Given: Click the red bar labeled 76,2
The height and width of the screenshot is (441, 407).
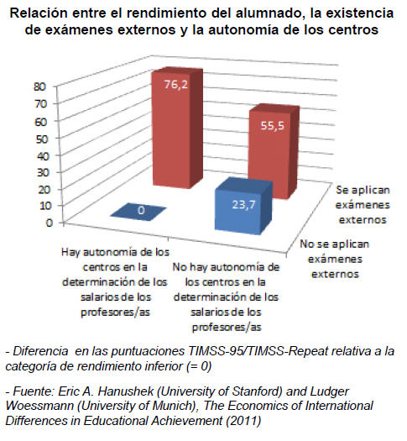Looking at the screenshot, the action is coord(177,128).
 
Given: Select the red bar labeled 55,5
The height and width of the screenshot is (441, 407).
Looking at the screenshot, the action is coord(273,152).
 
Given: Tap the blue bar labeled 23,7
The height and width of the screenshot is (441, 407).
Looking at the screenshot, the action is coord(243,206).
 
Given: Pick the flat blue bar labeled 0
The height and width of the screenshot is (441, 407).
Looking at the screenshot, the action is coord(138,212).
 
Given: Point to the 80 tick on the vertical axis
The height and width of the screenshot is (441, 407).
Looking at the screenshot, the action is coord(39,87).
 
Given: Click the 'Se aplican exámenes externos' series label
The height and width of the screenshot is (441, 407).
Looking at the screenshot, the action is coord(363,205).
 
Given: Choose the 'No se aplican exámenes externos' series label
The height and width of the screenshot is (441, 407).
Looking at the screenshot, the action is coord(335,259).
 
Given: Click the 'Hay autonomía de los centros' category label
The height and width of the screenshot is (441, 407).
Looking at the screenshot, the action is coord(115,282).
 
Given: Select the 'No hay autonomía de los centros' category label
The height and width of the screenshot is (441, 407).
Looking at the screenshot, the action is coord(226,297).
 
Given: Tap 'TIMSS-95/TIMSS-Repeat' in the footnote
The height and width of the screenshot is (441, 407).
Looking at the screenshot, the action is coord(258,351).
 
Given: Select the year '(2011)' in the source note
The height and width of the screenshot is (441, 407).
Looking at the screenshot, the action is coord(243,421).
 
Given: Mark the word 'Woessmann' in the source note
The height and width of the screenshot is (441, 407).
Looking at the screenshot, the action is coord(39,406).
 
